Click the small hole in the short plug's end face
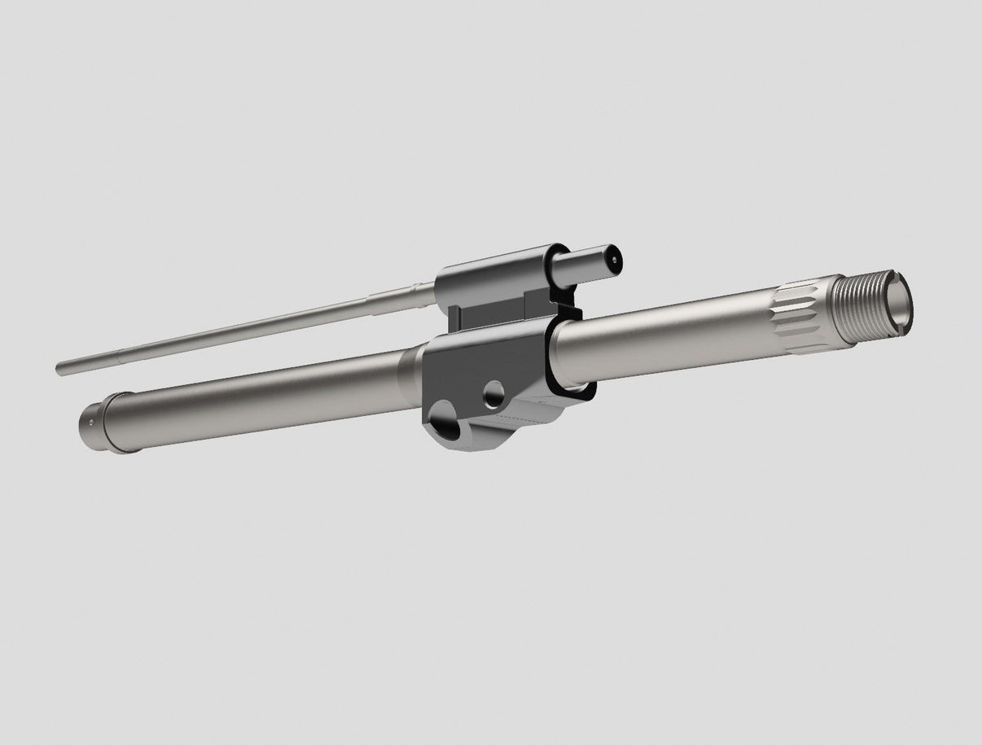tap(613, 260)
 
